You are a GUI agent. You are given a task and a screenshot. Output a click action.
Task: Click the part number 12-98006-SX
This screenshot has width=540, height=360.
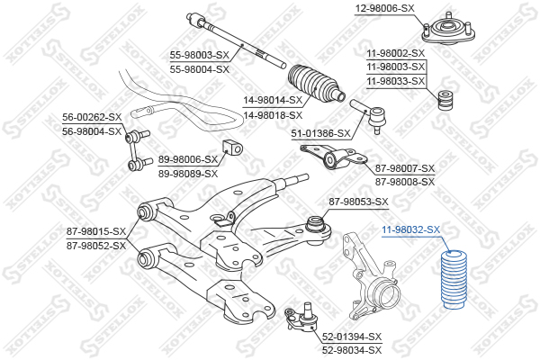pyautogui.click(x=383, y=8)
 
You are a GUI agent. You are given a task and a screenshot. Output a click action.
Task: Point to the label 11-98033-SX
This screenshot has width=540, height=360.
pyautogui.click(x=395, y=81)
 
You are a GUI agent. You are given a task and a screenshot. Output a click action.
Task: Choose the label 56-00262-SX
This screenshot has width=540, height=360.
pyautogui.click(x=91, y=118)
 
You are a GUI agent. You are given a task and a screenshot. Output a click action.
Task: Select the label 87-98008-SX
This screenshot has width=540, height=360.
pyautogui.click(x=405, y=181)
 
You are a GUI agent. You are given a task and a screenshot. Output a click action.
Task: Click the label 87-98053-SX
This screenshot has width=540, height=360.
pyautogui.click(x=358, y=202)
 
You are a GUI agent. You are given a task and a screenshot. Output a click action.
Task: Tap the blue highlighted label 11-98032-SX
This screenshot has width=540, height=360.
pyautogui.click(x=410, y=229)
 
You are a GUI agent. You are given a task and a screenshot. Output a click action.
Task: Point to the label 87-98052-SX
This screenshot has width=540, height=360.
pyautogui.click(x=96, y=245)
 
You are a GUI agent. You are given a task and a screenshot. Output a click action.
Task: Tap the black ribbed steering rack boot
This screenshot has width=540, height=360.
pyautogui.click(x=315, y=82)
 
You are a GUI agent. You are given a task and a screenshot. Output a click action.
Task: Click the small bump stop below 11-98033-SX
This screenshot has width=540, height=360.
pyautogui.click(x=443, y=102)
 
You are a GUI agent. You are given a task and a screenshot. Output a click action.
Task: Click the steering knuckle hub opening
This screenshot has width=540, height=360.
pyautogui.click(x=388, y=293)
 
